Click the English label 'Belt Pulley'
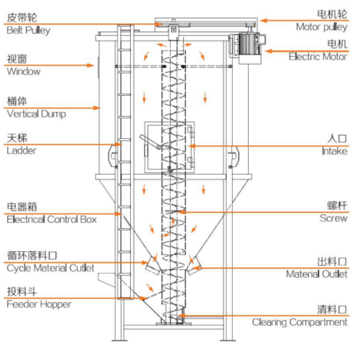click(x=28, y=30)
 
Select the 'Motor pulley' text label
click(x=321, y=27)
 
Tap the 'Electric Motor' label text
click(x=318, y=57)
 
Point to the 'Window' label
click(x=24, y=71)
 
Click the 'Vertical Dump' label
click(x=36, y=114)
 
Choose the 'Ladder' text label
click(x=22, y=150)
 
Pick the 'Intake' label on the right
click(x=334, y=151)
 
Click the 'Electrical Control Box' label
click(x=52, y=220)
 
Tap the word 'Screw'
click(x=333, y=218)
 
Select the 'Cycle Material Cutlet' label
click(x=50, y=268)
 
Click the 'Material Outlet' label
click(x=317, y=274)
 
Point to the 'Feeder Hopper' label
click(x=39, y=304)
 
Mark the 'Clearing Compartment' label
click(x=300, y=322)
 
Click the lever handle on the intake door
click(x=149, y=141)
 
